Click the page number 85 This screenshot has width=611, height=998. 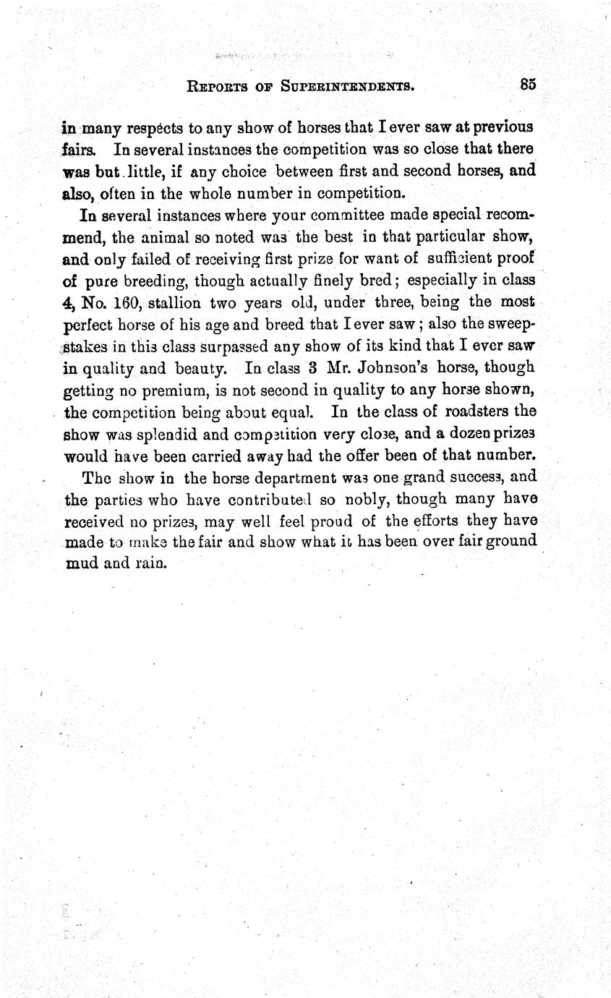coord(527,84)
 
